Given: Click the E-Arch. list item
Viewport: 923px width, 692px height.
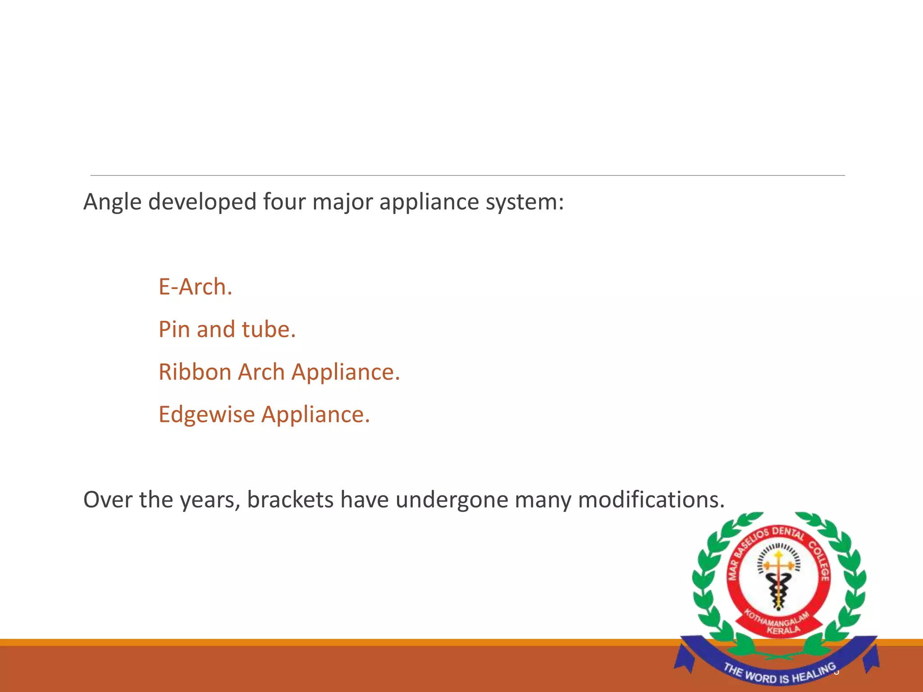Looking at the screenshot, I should pos(195,287).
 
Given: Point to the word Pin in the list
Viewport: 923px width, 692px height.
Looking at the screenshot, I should pos(174,329).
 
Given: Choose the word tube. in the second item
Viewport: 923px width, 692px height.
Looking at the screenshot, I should pos(269,329).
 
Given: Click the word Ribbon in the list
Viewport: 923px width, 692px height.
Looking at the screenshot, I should pos(195,372).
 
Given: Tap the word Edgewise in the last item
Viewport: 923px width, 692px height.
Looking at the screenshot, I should pos(206,414).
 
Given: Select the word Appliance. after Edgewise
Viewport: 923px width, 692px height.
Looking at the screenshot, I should pos(315,414).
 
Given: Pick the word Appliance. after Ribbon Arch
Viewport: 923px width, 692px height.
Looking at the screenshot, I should pos(346,372).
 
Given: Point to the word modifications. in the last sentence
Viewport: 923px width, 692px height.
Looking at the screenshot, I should pos(651,500).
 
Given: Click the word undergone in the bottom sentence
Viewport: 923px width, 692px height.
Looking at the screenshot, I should pos(452,501).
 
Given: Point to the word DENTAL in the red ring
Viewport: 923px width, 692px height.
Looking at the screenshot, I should pos(788,533).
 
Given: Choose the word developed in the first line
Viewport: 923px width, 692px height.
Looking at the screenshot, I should pos(202,202).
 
